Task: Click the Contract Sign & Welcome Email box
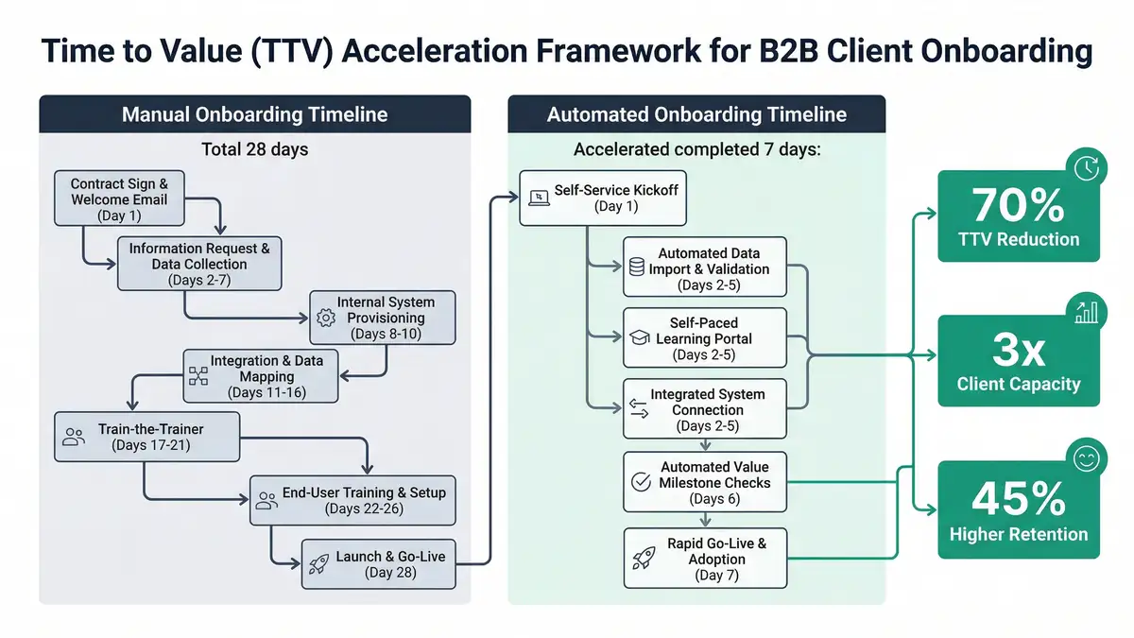[119, 199]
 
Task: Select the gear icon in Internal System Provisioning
[326, 319]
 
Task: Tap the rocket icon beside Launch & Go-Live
[318, 565]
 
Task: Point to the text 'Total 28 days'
[255, 148]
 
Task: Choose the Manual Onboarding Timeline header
[255, 115]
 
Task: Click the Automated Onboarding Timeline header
[696, 115]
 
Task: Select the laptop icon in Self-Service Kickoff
[539, 198]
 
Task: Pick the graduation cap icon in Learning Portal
[639, 337]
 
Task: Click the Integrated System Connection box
[704, 409]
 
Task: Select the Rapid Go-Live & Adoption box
[704, 559]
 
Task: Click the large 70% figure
[1018, 203]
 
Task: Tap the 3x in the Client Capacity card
[1018, 351]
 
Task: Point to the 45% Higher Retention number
[1018, 498]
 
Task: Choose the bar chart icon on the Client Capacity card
[1087, 313]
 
